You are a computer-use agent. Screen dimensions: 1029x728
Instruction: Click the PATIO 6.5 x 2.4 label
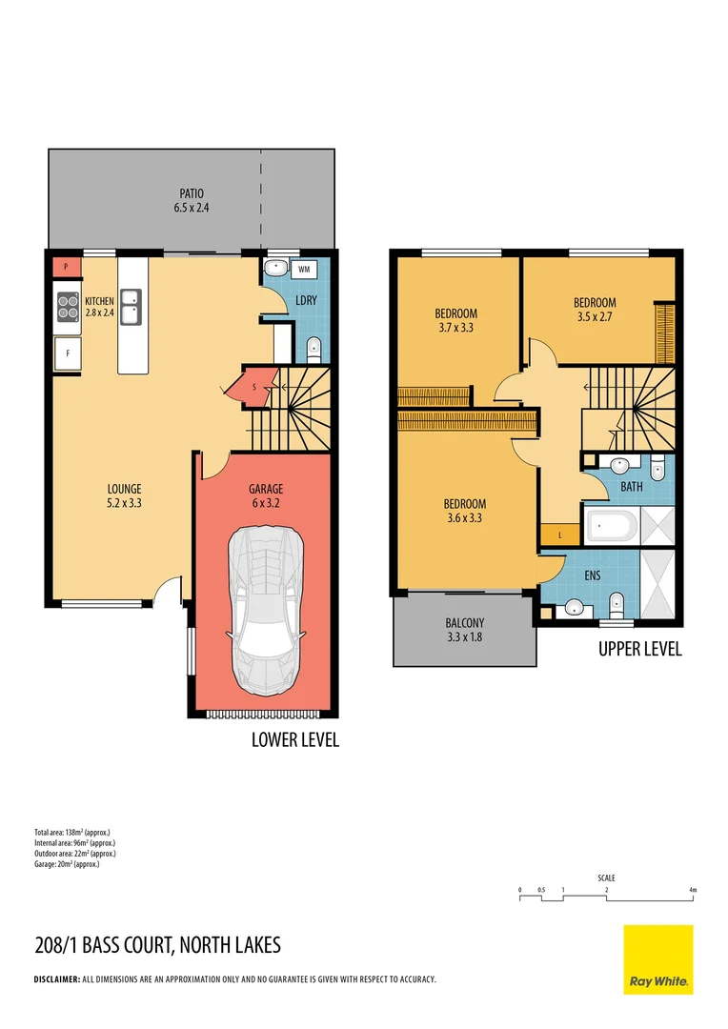tap(191, 200)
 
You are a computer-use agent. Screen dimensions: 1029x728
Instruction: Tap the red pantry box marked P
tap(65, 268)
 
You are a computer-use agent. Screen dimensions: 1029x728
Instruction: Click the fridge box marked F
tap(68, 354)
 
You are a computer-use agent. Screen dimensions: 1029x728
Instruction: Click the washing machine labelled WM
tap(304, 270)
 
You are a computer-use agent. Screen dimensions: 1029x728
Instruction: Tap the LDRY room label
tap(306, 300)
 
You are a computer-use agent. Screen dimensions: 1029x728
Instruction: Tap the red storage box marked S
tap(255, 386)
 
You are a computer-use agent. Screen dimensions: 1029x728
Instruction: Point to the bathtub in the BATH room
tap(613, 526)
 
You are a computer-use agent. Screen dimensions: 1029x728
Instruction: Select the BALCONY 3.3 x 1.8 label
tap(464, 630)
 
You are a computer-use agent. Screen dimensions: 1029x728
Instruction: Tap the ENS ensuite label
tap(592, 576)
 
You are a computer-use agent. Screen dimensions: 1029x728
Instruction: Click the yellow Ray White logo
tap(657, 959)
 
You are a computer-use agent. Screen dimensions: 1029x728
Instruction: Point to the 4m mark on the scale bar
tap(694, 890)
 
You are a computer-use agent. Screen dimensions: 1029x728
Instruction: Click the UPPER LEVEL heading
tap(639, 650)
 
